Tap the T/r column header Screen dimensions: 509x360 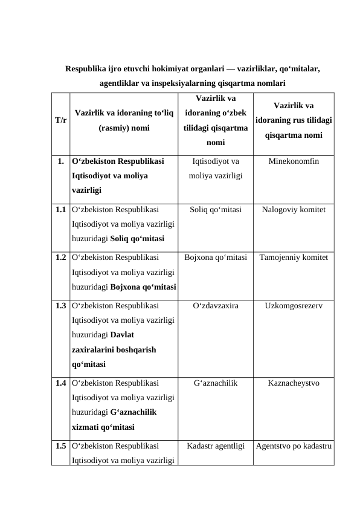[x=60, y=120]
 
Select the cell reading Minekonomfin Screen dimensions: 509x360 [x=294, y=162]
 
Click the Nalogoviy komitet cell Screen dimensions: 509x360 [x=294, y=210]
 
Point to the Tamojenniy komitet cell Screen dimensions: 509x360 [x=294, y=258]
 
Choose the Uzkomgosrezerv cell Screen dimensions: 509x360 [x=294, y=306]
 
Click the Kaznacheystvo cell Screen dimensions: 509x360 [x=294, y=383]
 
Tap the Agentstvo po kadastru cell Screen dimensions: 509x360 [x=294, y=447]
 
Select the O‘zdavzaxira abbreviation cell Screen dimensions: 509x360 [x=216, y=306]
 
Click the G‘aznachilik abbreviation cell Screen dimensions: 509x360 [x=216, y=383]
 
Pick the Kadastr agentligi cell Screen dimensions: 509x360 [x=216, y=447]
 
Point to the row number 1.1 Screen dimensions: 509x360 [x=60, y=210]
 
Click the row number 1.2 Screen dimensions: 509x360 [x=60, y=258]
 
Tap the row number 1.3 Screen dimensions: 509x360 [x=60, y=306]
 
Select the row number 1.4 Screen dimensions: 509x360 [x=60, y=383]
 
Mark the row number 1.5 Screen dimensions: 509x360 [x=60, y=447]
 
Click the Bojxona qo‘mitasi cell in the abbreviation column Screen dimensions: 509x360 [x=216, y=258]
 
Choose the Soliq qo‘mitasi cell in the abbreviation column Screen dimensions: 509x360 [x=216, y=210]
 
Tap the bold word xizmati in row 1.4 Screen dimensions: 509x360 [x=85, y=426]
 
